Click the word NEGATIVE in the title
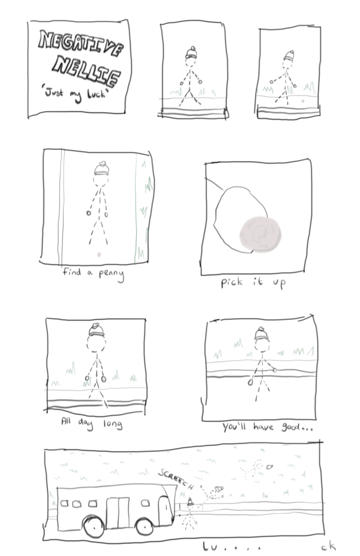click(81, 43)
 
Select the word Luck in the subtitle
click(97, 93)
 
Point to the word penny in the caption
click(111, 275)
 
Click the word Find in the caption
click(72, 271)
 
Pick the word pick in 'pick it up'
click(232, 283)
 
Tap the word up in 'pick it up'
click(279, 283)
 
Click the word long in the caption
click(113, 424)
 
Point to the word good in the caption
click(291, 427)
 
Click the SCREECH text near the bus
click(176, 479)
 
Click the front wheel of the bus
click(145, 526)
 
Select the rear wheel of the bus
click(93, 526)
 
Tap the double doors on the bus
click(118, 513)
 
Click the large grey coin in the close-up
click(260, 234)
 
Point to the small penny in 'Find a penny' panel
click(99, 255)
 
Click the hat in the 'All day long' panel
click(97, 330)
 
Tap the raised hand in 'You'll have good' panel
click(275, 370)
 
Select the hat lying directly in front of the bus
click(190, 502)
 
